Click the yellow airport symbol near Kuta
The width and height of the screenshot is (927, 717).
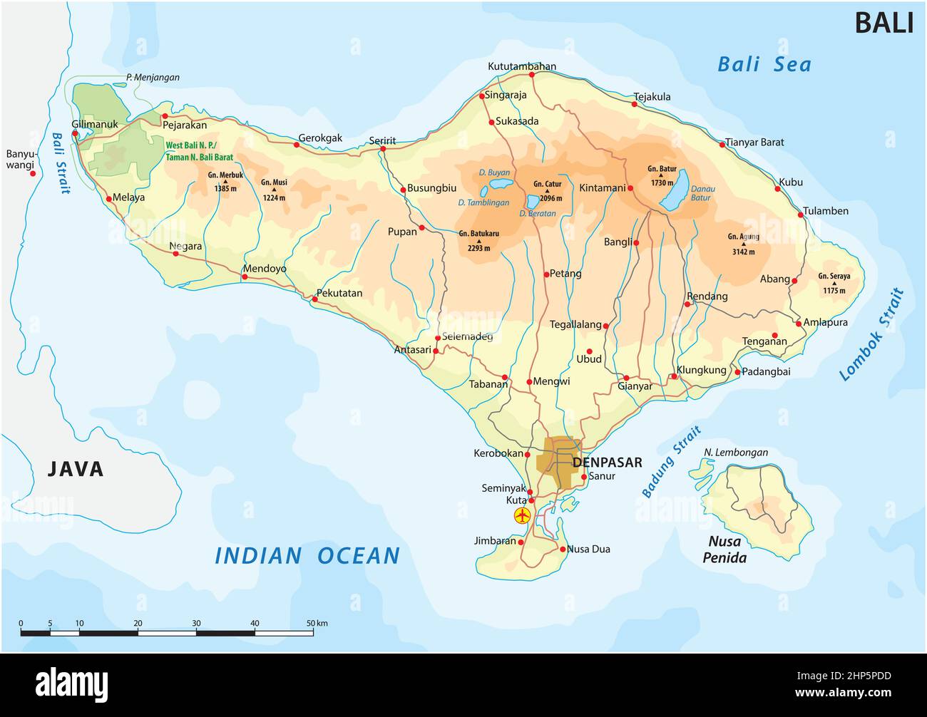coord(522,515)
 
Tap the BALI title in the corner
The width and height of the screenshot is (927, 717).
coord(884,24)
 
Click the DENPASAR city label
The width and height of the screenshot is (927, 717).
coord(607,462)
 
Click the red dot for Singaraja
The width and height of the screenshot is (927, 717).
coord(482,96)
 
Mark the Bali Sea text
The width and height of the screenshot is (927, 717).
coord(764,65)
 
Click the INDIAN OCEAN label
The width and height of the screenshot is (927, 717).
coord(307,555)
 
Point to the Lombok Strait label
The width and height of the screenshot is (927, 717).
coord(871,335)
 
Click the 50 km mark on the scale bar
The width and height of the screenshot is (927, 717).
coord(312,624)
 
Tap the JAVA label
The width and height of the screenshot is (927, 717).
coord(76,469)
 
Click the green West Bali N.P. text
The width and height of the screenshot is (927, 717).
coord(199,150)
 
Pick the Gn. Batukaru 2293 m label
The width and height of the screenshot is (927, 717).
coord(478,240)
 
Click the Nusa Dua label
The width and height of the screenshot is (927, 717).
coord(588,549)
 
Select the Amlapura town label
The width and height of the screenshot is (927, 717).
coord(825,322)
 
